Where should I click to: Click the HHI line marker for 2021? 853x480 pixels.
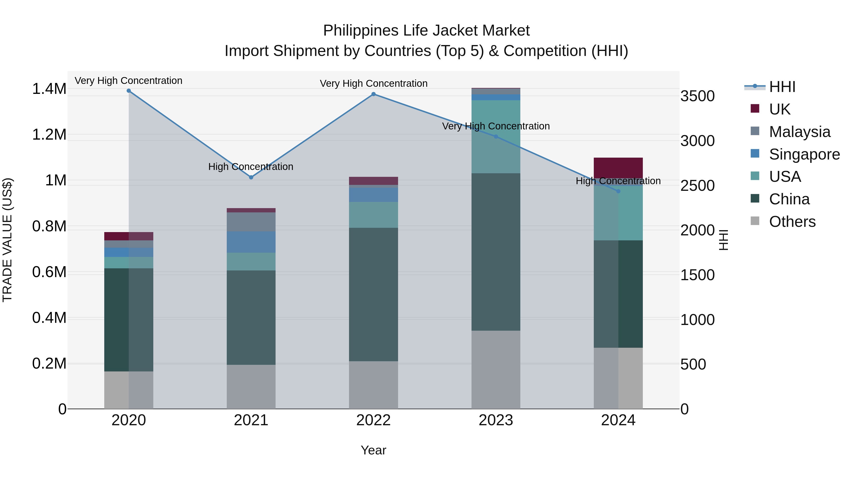coord(251,177)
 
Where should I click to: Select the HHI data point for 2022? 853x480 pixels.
coord(373,94)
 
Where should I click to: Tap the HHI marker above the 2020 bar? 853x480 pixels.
coord(129,91)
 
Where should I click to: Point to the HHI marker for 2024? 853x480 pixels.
coord(618,191)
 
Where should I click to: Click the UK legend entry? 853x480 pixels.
coord(780,109)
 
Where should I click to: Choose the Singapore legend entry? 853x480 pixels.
coord(804,154)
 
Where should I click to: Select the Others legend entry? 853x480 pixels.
coord(792,222)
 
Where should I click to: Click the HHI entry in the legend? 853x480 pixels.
coord(782,87)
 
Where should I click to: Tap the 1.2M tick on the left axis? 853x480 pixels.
coord(49,135)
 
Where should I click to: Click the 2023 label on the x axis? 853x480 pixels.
coord(496,420)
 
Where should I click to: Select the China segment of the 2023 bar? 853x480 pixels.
coord(496,252)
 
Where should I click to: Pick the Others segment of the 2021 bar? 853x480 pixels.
coord(251,387)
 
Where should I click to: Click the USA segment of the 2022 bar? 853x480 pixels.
coord(373,215)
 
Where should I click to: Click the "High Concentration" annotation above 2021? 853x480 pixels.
coord(251,167)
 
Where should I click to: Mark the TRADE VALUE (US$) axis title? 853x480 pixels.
coord(7,240)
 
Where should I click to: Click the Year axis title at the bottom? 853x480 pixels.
coord(373,450)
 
